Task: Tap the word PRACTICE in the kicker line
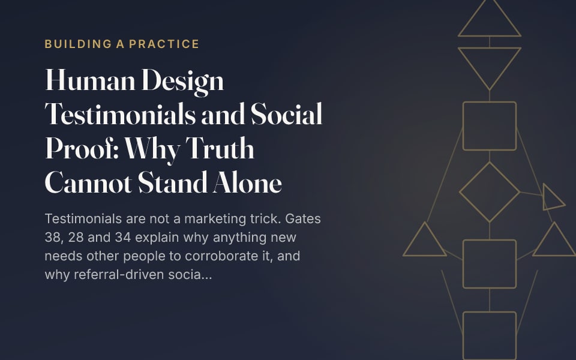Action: click(x=164, y=44)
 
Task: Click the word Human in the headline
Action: click(x=90, y=80)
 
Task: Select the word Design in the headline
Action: click(x=183, y=82)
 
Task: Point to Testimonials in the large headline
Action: click(x=120, y=114)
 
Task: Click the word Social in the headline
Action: click(x=287, y=114)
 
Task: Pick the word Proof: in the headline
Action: click(x=82, y=148)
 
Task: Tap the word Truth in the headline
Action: click(x=220, y=148)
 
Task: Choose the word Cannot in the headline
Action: click(x=88, y=182)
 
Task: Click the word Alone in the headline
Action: click(x=247, y=182)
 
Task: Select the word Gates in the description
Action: click(x=303, y=218)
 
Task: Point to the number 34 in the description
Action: click(x=123, y=238)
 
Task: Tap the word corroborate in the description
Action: click(x=221, y=256)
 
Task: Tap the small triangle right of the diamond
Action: click(x=544, y=197)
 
